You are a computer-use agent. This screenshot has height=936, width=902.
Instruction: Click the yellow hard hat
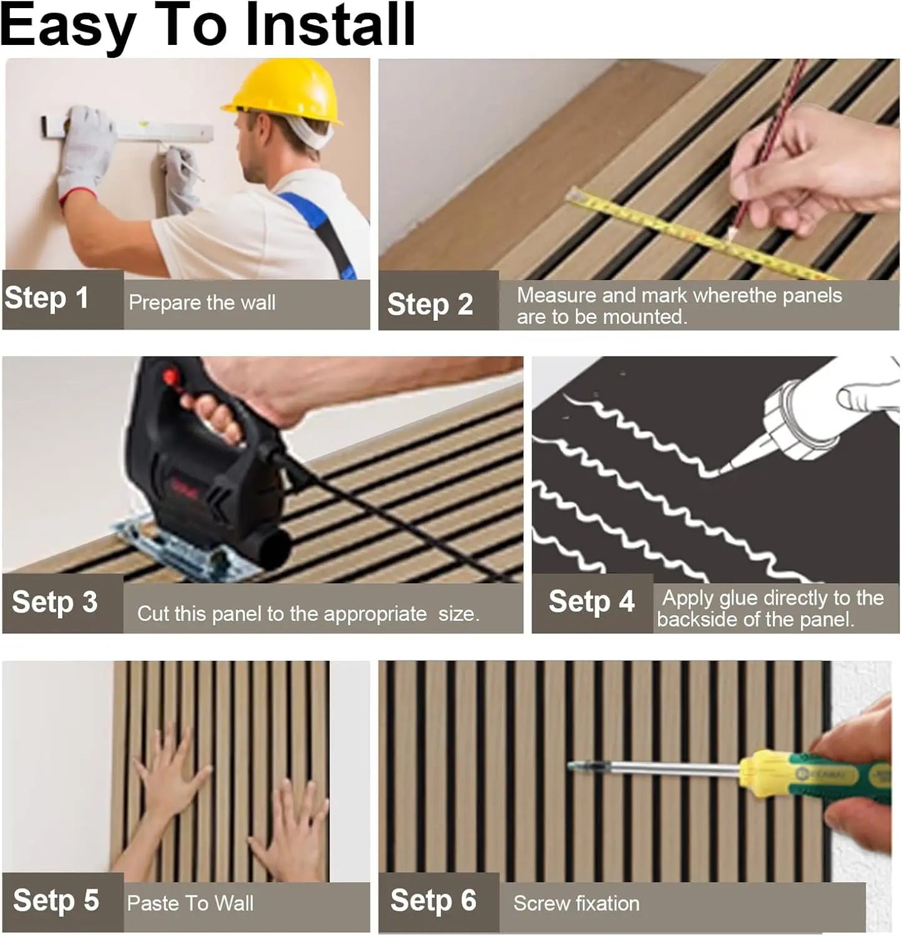point(285,91)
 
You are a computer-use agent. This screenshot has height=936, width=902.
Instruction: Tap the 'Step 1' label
point(46,298)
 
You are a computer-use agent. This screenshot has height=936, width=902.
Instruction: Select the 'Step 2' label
point(430,305)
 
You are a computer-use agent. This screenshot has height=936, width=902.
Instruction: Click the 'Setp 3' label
point(55,602)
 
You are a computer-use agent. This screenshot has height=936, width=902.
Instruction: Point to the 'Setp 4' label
point(591,602)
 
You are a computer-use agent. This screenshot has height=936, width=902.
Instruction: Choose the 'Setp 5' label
point(56,900)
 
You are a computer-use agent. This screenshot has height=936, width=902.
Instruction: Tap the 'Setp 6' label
point(433,900)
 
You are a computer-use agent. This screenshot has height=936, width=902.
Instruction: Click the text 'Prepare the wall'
point(202,303)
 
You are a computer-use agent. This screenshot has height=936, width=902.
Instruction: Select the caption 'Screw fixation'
point(576,904)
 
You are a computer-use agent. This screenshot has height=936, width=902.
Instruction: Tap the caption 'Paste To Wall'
point(190,904)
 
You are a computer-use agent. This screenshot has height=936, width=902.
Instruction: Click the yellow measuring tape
point(687,234)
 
